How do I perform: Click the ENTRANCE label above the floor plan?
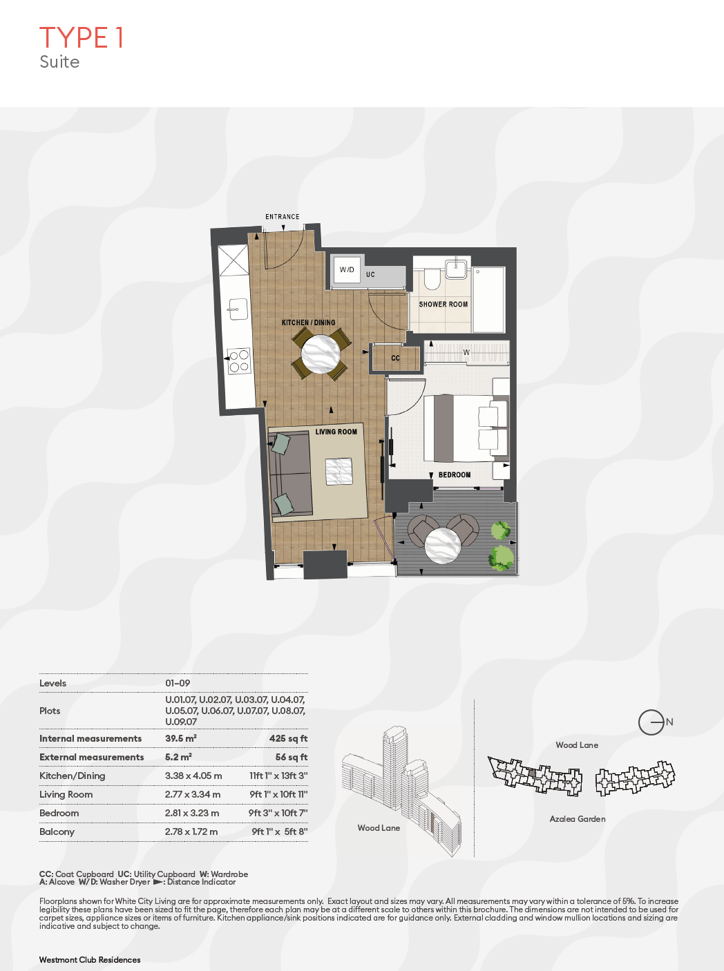coord(283,217)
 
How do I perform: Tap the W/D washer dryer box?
coord(347,270)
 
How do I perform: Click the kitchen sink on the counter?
coord(238,309)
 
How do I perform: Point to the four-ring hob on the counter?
coord(239,361)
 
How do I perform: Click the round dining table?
coord(321,354)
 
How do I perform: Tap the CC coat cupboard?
coord(395,358)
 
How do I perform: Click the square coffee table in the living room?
coord(339,471)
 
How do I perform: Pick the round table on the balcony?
coord(443,546)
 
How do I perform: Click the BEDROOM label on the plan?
coord(455,474)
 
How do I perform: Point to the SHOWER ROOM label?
coord(444,305)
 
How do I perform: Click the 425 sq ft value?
coord(289,738)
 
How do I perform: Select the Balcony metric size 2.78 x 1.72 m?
coord(191,831)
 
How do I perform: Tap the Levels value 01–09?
coord(178,683)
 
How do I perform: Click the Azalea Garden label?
coord(578,819)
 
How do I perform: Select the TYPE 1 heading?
coord(82,37)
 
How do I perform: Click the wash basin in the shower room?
coord(456,269)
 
